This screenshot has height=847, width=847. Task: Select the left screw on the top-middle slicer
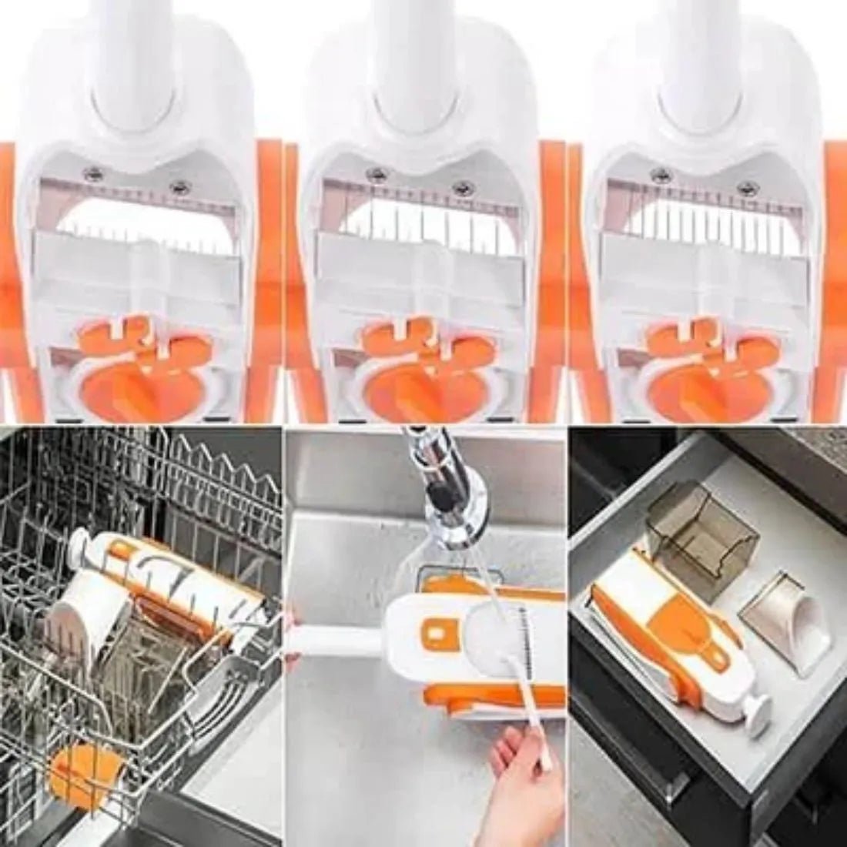click(376, 172)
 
